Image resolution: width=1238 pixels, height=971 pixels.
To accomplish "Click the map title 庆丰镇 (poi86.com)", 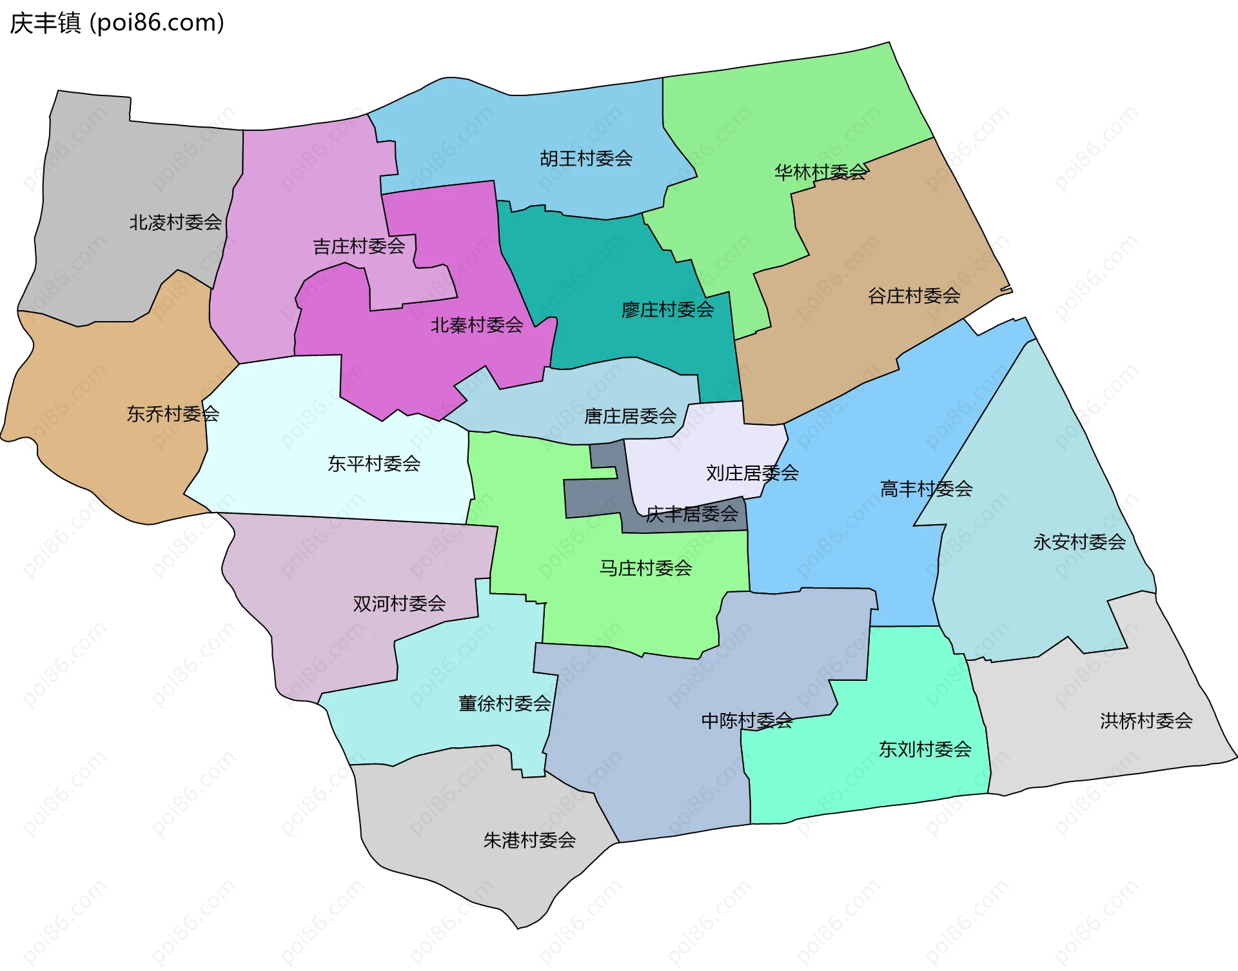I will coord(117,23).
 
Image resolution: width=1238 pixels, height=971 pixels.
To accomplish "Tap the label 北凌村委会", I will coord(175,222).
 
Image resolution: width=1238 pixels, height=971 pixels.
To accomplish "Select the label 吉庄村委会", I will coord(359,246).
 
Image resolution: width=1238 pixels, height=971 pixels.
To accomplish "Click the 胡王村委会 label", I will coord(585,159).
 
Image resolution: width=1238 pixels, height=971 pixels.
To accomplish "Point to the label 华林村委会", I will coord(820,172).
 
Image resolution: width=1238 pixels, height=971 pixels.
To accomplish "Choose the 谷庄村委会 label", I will coord(914,296).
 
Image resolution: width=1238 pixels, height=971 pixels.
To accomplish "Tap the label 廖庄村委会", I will coord(667,310).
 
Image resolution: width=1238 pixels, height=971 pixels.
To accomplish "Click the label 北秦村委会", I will coord(477,326).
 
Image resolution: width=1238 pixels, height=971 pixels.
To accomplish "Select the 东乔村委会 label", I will coord(173,414).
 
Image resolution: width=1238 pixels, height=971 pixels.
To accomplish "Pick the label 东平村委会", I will coord(374,464).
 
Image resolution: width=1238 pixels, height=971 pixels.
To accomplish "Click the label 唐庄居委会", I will coord(630,417).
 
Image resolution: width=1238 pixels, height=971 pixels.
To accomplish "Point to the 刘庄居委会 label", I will coord(752,473).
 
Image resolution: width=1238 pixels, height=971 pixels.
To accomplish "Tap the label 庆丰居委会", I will coord(692,515).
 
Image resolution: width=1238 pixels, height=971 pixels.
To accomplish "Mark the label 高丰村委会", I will coord(926,489).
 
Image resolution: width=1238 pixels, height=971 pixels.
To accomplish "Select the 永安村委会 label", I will coord(1079,542).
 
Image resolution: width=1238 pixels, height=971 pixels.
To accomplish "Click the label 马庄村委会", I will coord(645,568).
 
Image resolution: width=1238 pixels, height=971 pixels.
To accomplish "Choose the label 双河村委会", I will coord(399,603).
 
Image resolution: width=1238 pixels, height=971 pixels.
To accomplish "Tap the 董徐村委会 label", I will coord(504,703).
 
